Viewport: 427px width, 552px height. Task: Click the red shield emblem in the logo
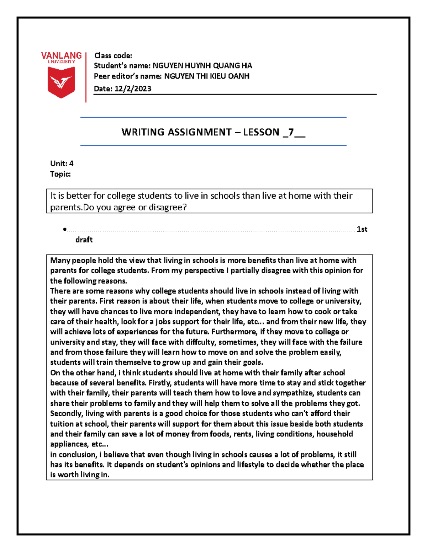pyautogui.click(x=61, y=82)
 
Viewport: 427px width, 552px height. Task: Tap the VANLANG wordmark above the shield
pyautogui.click(x=61, y=56)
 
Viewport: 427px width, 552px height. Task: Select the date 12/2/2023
pyautogui.click(x=133, y=89)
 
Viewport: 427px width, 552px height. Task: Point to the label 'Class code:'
pyautogui.click(x=113, y=55)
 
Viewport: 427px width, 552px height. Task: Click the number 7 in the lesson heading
pyautogui.click(x=291, y=132)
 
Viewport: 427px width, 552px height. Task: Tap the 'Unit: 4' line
pyautogui.click(x=62, y=164)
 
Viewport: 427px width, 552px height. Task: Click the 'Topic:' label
pyautogui.click(x=60, y=174)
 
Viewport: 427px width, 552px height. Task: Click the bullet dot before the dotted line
pyautogui.click(x=64, y=230)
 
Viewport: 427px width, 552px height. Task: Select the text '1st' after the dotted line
pyautogui.click(x=362, y=229)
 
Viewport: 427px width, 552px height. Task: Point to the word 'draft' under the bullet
pyautogui.click(x=84, y=240)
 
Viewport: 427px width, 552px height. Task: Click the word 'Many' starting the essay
pyautogui.click(x=60, y=261)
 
